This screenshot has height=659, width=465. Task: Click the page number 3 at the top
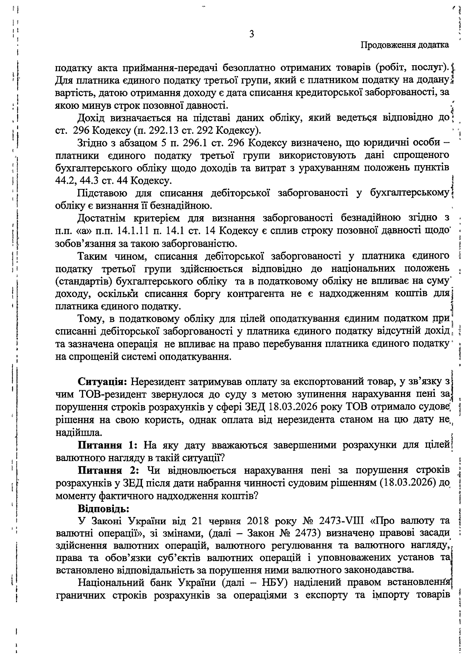(x=252, y=34)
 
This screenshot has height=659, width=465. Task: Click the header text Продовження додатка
(x=405, y=45)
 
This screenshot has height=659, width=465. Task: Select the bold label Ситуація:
(x=103, y=382)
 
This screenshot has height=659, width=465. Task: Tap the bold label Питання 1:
(x=108, y=445)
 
